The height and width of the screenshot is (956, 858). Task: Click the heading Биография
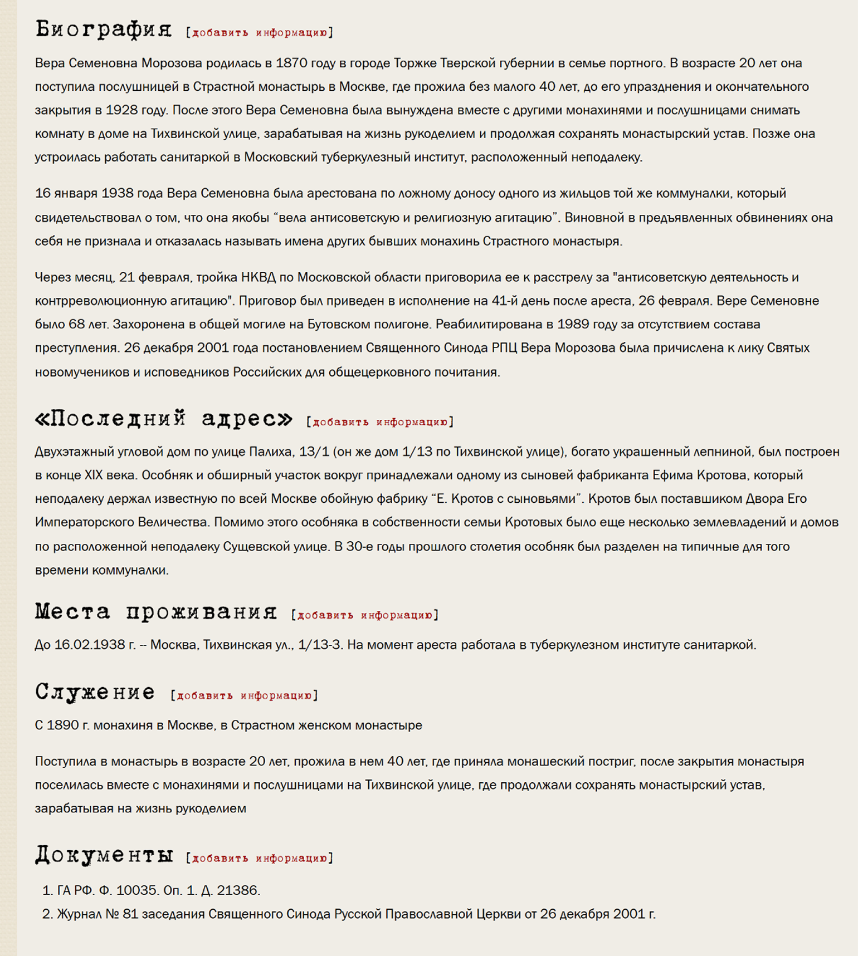click(103, 29)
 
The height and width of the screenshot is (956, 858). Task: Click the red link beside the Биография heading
click(259, 33)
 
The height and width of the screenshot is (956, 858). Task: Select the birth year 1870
click(292, 63)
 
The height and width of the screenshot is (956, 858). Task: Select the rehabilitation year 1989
click(574, 324)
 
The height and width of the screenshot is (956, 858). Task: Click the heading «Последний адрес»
click(163, 418)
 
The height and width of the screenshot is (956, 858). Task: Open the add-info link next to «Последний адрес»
click(380, 422)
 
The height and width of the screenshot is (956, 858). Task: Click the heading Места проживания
click(155, 611)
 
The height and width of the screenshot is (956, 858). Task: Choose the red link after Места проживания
click(364, 615)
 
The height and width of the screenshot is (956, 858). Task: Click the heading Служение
click(95, 692)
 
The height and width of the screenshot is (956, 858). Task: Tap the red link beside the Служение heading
click(244, 695)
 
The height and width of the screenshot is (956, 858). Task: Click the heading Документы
click(104, 855)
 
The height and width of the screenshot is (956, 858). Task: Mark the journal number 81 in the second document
click(129, 914)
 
